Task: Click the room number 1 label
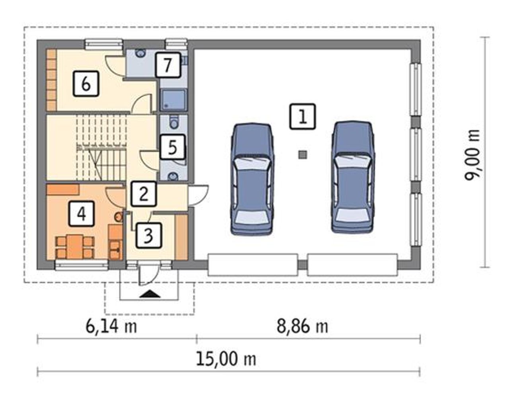pos(302,117)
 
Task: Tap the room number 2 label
pos(144,194)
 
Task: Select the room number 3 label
pos(149,236)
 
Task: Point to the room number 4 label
pos(82,214)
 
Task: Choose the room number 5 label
pos(173,147)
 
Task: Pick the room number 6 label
pos(86,84)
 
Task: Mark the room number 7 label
pos(168,65)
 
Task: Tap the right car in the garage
pos(352,177)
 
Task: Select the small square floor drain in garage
pos(303,155)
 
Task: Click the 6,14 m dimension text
pos(111,327)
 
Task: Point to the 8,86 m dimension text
pos(302,327)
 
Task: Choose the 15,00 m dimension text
pos(226,359)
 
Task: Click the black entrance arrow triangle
pos(150,294)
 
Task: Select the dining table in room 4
pos(75,247)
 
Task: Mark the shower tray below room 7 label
pos(173,99)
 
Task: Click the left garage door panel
pos(253,265)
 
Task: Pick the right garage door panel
pos(353,265)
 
